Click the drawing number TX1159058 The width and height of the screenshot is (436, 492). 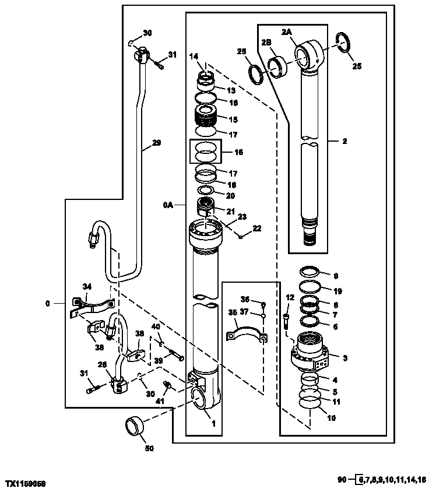click(26, 484)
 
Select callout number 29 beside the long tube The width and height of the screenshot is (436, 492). click(156, 142)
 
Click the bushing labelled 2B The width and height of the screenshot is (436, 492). click(279, 64)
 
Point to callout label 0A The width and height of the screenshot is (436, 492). click(168, 205)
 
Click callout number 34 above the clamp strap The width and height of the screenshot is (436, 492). click(87, 286)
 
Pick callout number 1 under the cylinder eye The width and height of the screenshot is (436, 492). click(214, 424)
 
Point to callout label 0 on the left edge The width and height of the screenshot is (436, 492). click(47, 303)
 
